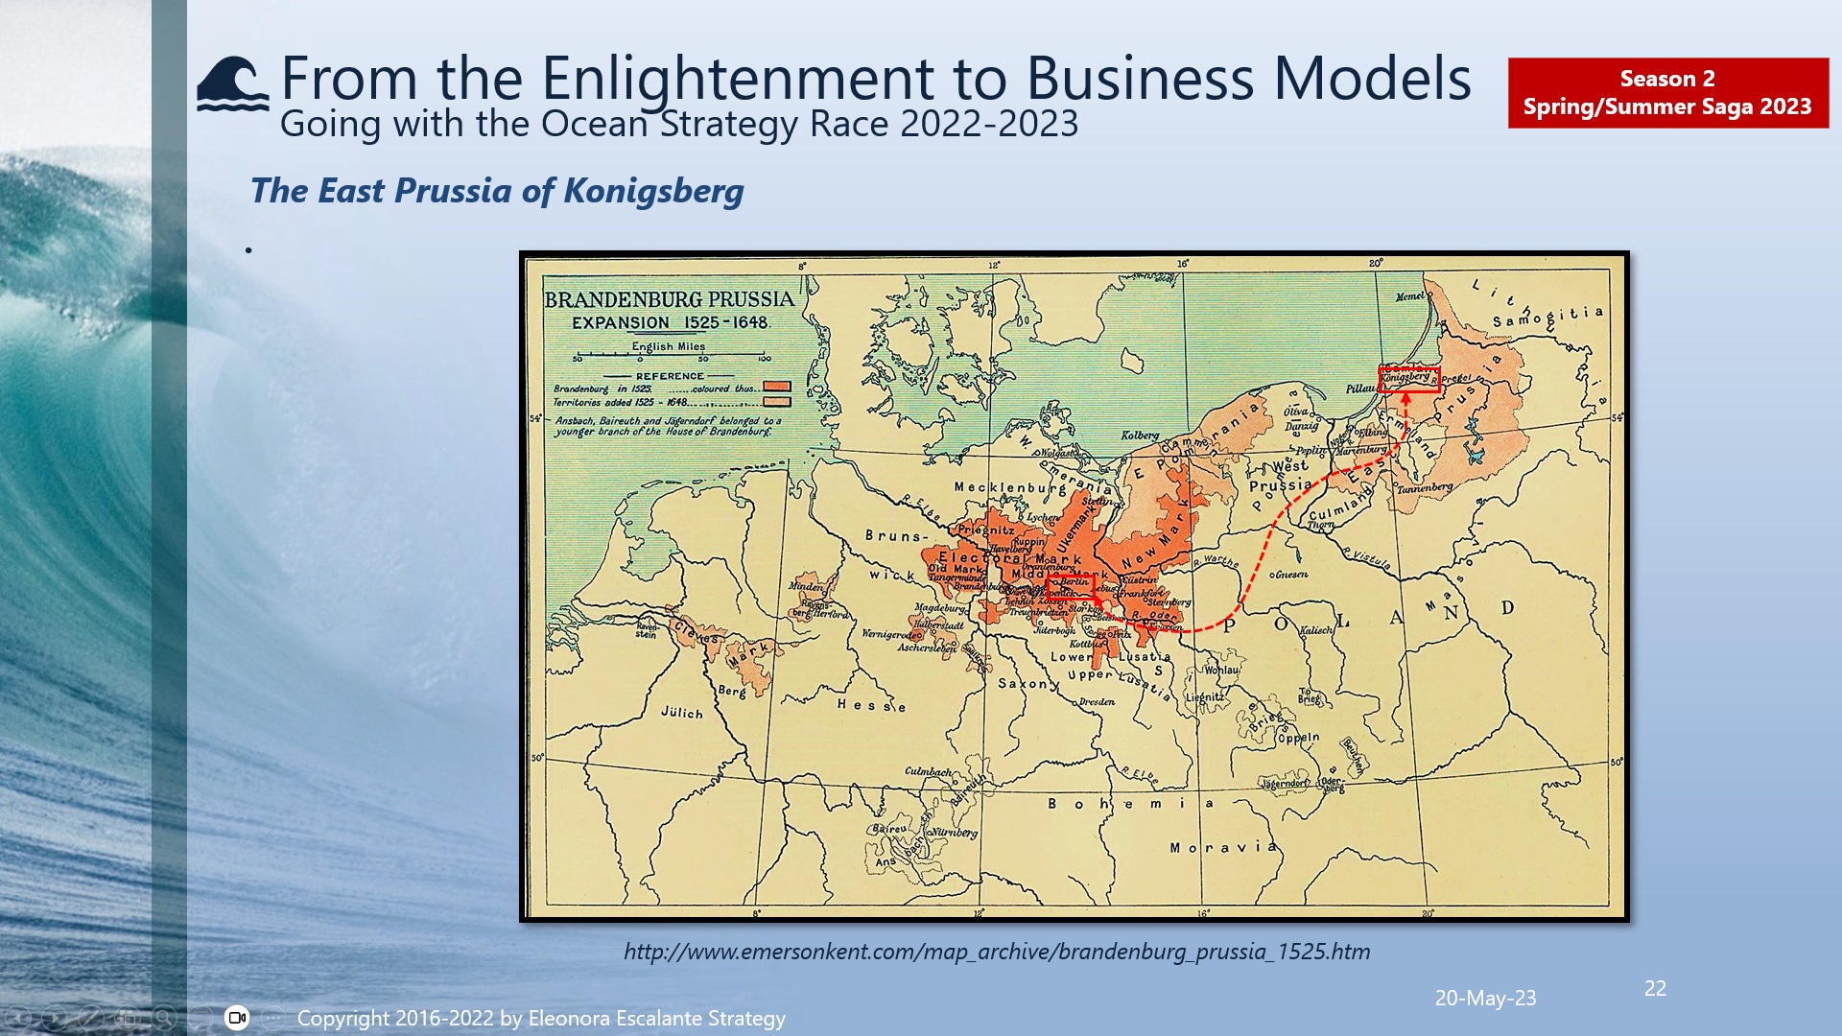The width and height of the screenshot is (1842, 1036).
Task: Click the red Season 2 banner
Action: [x=1667, y=93]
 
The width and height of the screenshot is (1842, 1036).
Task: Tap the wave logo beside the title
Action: [x=232, y=84]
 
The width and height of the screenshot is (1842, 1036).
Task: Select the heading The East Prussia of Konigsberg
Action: [x=496, y=191]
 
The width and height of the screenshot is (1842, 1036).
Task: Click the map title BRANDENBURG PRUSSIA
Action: [x=669, y=299]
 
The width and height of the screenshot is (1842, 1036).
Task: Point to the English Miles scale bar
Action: [x=670, y=357]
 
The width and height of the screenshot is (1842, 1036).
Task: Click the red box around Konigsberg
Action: [x=1408, y=379]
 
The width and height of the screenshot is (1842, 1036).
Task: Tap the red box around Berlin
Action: [x=1072, y=584]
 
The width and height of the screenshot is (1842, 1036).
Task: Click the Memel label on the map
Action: [x=1409, y=296]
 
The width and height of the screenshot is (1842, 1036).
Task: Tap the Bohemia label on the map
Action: [x=1130, y=803]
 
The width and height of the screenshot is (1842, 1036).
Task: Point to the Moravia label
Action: [x=1222, y=847]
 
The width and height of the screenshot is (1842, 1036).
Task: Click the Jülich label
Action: [x=682, y=713]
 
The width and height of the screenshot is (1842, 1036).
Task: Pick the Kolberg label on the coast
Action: [x=1140, y=436]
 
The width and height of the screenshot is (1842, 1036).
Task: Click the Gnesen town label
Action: [x=1290, y=575]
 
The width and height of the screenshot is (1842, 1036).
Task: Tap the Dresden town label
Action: [x=1097, y=702]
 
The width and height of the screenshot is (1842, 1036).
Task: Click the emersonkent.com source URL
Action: [x=996, y=952]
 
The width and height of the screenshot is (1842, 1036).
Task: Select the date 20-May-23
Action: [x=1484, y=998]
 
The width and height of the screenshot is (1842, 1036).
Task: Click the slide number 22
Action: [x=1655, y=988]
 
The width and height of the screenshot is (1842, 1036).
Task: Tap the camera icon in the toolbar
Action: [x=237, y=1018]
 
